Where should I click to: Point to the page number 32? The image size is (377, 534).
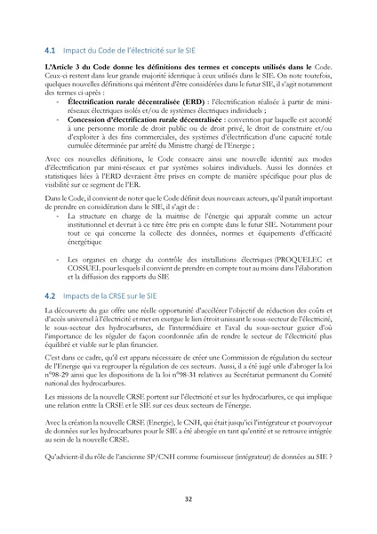coord(188,500)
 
